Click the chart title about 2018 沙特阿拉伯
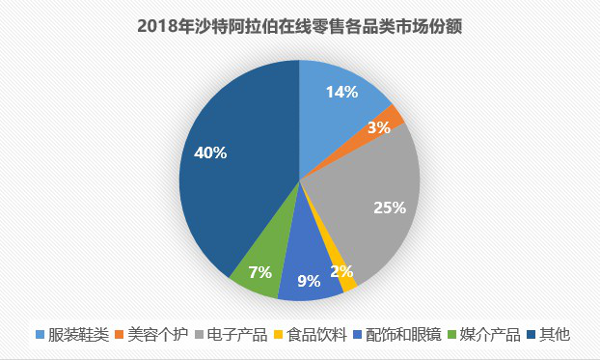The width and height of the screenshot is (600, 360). click(x=300, y=27)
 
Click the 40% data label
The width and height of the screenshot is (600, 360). click(x=209, y=152)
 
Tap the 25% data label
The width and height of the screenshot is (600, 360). click(x=389, y=207)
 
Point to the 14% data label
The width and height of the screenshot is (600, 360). click(x=341, y=93)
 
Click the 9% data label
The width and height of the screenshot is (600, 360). click(x=308, y=283)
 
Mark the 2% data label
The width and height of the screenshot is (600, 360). click(x=368, y=271)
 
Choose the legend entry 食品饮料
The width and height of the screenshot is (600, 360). click(x=314, y=335)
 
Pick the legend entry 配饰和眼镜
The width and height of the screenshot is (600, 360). click(x=400, y=335)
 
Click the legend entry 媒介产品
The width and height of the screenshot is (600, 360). click(x=488, y=335)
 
